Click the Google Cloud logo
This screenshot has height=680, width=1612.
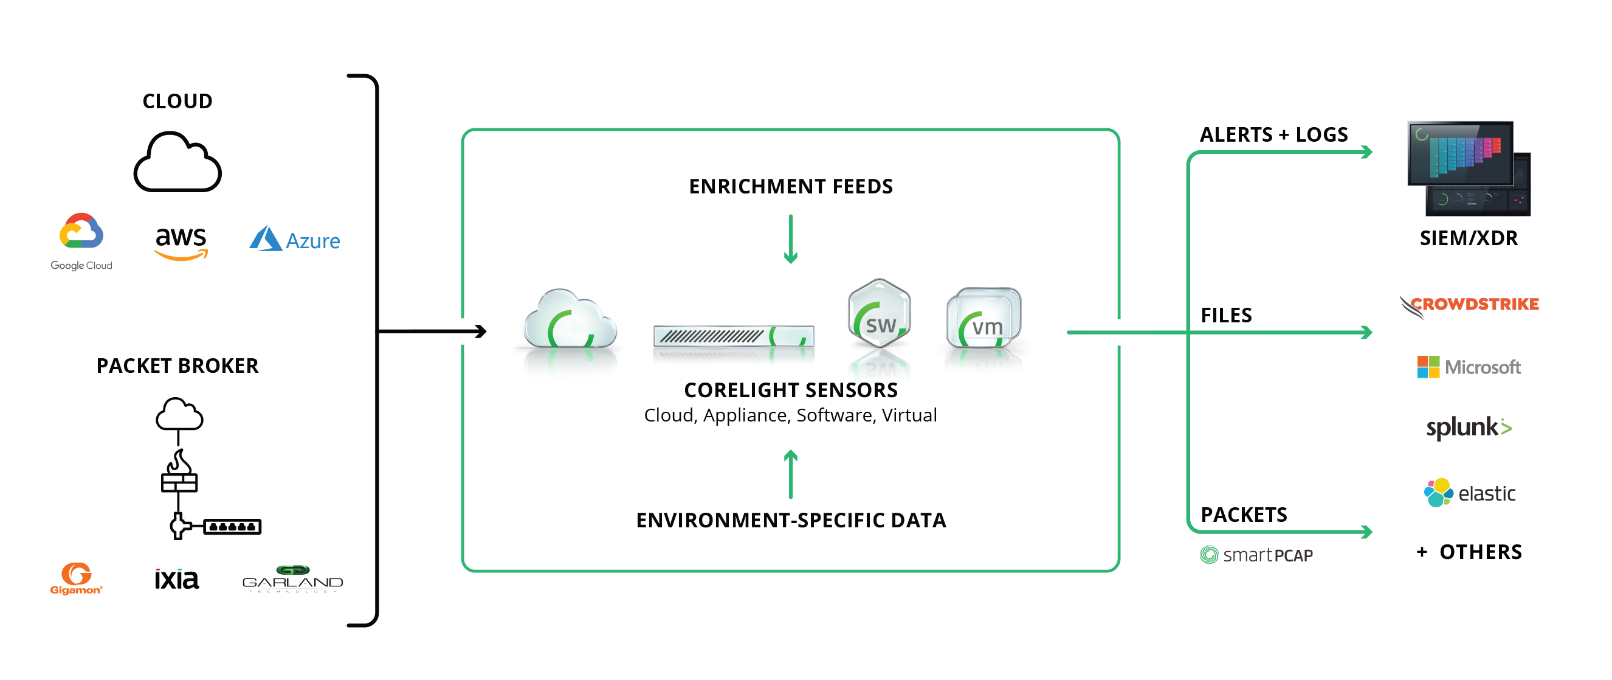[x=81, y=240]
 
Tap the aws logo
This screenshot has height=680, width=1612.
[x=181, y=242]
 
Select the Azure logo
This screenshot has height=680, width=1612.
[x=295, y=240]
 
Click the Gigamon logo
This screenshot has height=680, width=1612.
[x=77, y=578]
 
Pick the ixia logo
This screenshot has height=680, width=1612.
[x=176, y=579]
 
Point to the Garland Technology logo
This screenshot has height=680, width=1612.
[x=292, y=578]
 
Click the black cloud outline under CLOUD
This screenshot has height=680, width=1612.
[x=177, y=163]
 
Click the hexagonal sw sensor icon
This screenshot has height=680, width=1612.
[x=879, y=313]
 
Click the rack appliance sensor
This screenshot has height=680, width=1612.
[x=734, y=336]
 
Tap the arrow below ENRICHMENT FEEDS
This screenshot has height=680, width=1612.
[x=790, y=239]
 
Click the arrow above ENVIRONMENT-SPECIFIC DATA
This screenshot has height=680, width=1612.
[x=790, y=474]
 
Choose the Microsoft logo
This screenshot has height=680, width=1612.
[x=1468, y=367]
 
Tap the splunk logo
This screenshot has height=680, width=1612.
[x=1468, y=428]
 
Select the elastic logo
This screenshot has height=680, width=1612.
[x=1468, y=493]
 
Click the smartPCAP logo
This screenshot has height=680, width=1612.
[x=1256, y=555]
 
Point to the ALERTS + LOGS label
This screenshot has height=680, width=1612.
[x=1273, y=134]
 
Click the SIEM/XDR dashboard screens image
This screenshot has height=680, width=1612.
[x=1468, y=168]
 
